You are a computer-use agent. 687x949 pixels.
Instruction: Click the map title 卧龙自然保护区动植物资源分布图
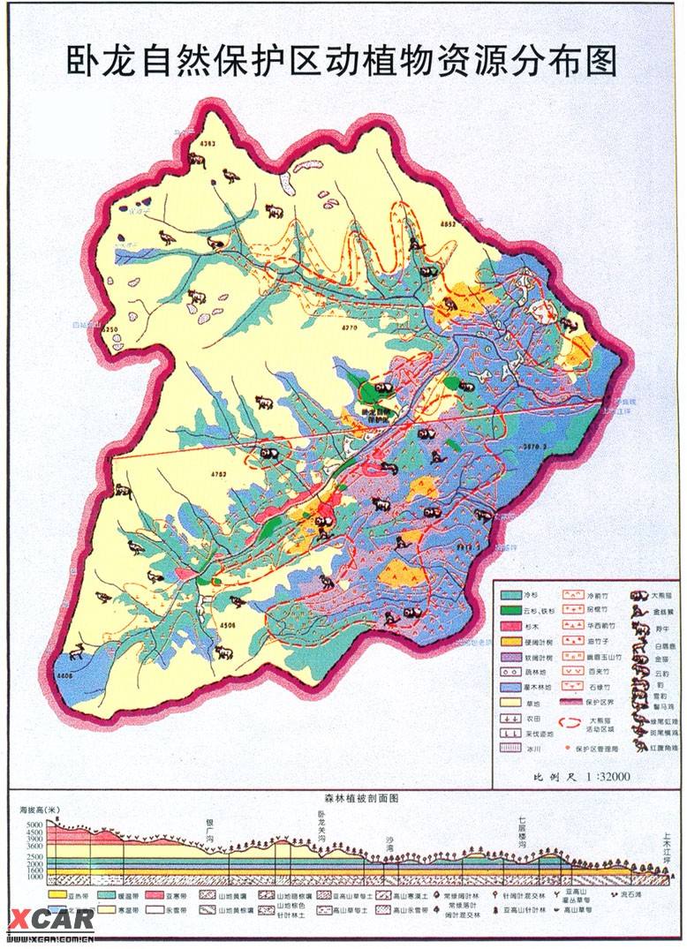pos(343,61)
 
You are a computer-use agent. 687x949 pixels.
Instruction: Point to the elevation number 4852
pos(447,224)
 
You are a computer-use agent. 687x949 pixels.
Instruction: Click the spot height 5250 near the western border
pos(110,329)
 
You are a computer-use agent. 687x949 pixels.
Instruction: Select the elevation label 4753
pos(218,474)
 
